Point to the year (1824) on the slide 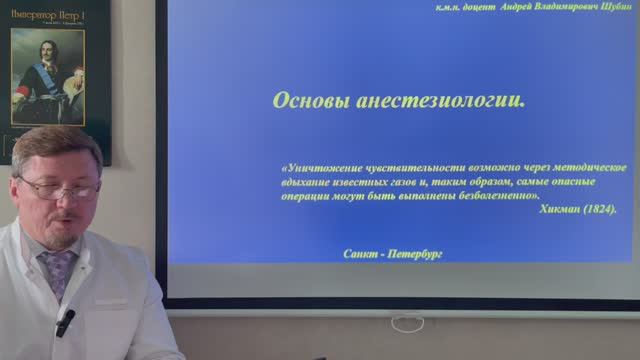click(597, 209)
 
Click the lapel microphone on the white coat click(66, 321)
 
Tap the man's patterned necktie click(57, 270)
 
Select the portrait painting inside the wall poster click(47, 77)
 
